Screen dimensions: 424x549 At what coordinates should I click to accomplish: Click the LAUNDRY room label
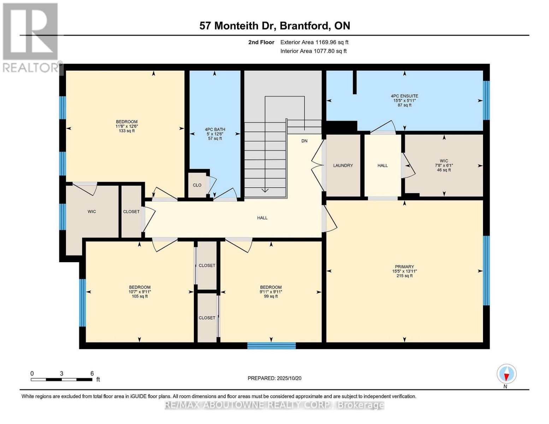tap(343, 165)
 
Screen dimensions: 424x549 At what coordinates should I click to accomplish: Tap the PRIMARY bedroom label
tap(404, 267)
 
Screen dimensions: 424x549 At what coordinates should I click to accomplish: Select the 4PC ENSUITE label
tap(404, 96)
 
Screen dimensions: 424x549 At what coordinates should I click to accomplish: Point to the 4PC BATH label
tap(215, 129)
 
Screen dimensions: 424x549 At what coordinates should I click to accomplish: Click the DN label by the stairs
tap(304, 141)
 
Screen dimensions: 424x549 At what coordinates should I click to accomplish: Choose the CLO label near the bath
tap(197, 185)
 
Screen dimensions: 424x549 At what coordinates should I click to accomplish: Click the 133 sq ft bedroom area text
tap(126, 131)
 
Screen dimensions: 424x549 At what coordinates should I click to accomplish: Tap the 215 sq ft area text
tap(404, 276)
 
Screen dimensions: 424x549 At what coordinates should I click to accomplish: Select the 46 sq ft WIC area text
tap(444, 170)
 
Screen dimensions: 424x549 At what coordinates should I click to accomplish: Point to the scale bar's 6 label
tap(92, 373)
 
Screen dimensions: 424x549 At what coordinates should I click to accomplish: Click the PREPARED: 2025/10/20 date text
tap(274, 378)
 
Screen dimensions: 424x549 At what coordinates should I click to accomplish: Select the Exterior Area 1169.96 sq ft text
tap(314, 42)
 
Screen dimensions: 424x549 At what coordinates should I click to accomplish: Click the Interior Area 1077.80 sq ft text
tap(313, 51)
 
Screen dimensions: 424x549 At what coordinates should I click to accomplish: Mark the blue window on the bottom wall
tap(271, 346)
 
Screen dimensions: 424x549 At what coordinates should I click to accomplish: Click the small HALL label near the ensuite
tap(382, 165)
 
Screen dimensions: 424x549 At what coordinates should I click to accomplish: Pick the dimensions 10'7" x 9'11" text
tap(140, 292)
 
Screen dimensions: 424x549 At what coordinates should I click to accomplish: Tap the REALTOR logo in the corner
tap(31, 37)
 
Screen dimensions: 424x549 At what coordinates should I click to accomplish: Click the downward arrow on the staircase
tap(265, 190)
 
